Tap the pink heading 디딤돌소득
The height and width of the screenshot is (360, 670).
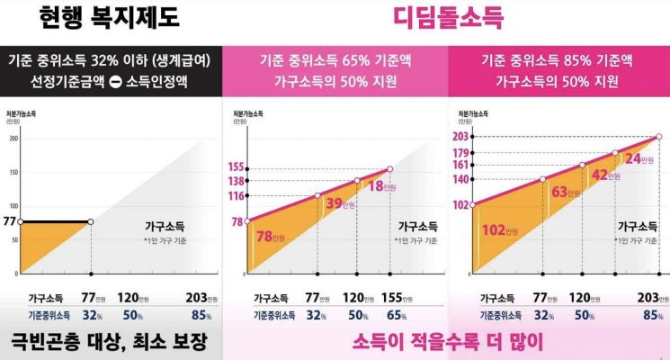click(448, 17)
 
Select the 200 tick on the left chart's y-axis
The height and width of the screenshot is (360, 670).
click(13, 138)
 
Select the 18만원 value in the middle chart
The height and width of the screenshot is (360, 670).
click(379, 186)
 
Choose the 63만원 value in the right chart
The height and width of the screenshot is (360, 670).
click(567, 192)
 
